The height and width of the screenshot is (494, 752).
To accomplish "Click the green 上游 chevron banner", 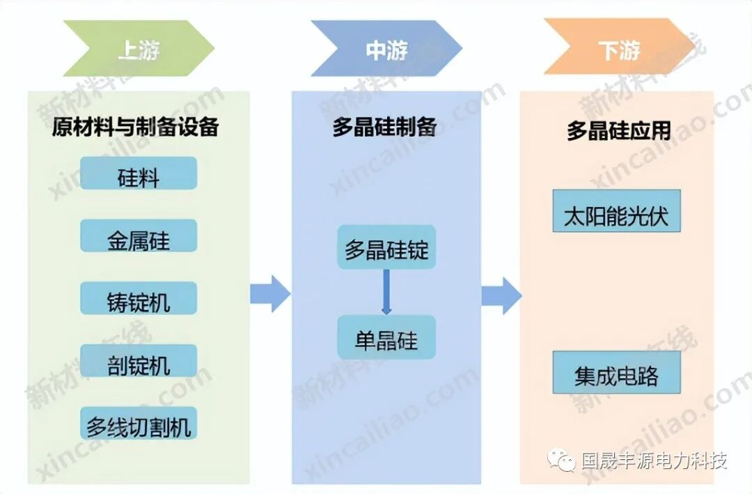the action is pyautogui.click(x=139, y=49).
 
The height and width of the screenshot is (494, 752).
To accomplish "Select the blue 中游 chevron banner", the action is pyautogui.click(x=386, y=49).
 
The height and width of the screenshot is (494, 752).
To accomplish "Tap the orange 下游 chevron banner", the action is pyautogui.click(x=619, y=49).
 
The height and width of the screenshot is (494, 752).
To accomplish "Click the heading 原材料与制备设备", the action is pyautogui.click(x=136, y=127).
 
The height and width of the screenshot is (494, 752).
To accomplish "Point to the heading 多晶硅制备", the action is pyautogui.click(x=384, y=127).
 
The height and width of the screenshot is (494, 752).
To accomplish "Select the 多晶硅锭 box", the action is pyautogui.click(x=386, y=247).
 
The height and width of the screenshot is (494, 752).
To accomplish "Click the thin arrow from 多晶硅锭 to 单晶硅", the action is pyautogui.click(x=386, y=292).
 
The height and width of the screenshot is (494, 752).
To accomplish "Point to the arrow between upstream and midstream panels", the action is pyautogui.click(x=270, y=293).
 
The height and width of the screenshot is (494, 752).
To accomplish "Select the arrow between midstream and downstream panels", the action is pyautogui.click(x=501, y=295).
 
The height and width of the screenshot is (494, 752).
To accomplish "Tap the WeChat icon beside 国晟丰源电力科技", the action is pyautogui.click(x=561, y=460).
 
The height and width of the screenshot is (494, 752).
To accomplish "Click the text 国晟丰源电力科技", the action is pyautogui.click(x=655, y=461).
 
